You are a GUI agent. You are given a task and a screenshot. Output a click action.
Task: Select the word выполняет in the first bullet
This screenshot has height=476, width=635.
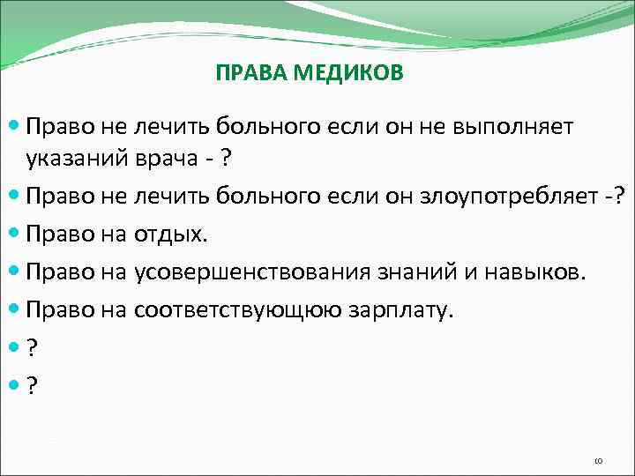click(512, 127)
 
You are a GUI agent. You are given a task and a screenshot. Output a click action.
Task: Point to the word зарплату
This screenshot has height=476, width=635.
click(400, 310)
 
